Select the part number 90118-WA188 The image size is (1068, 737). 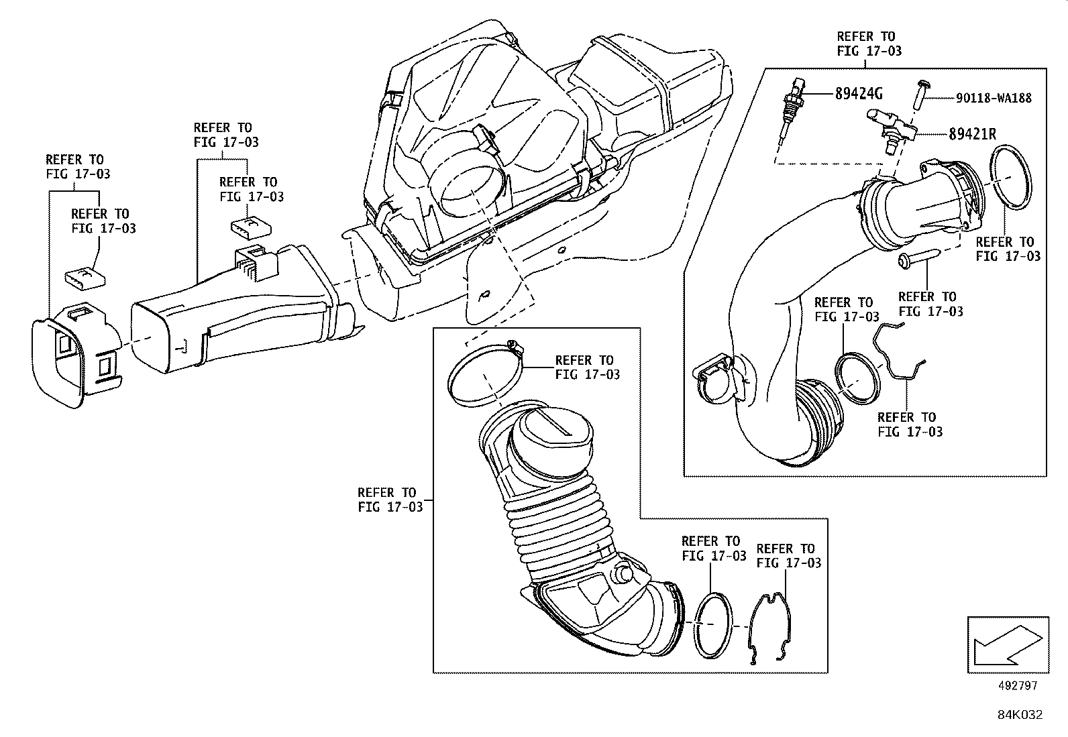[x=994, y=98]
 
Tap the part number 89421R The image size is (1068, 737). [x=972, y=134]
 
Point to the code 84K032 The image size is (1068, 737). [x=1018, y=715]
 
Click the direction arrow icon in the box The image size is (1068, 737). [x=1006, y=644]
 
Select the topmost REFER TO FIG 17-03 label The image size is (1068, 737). [x=869, y=44]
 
